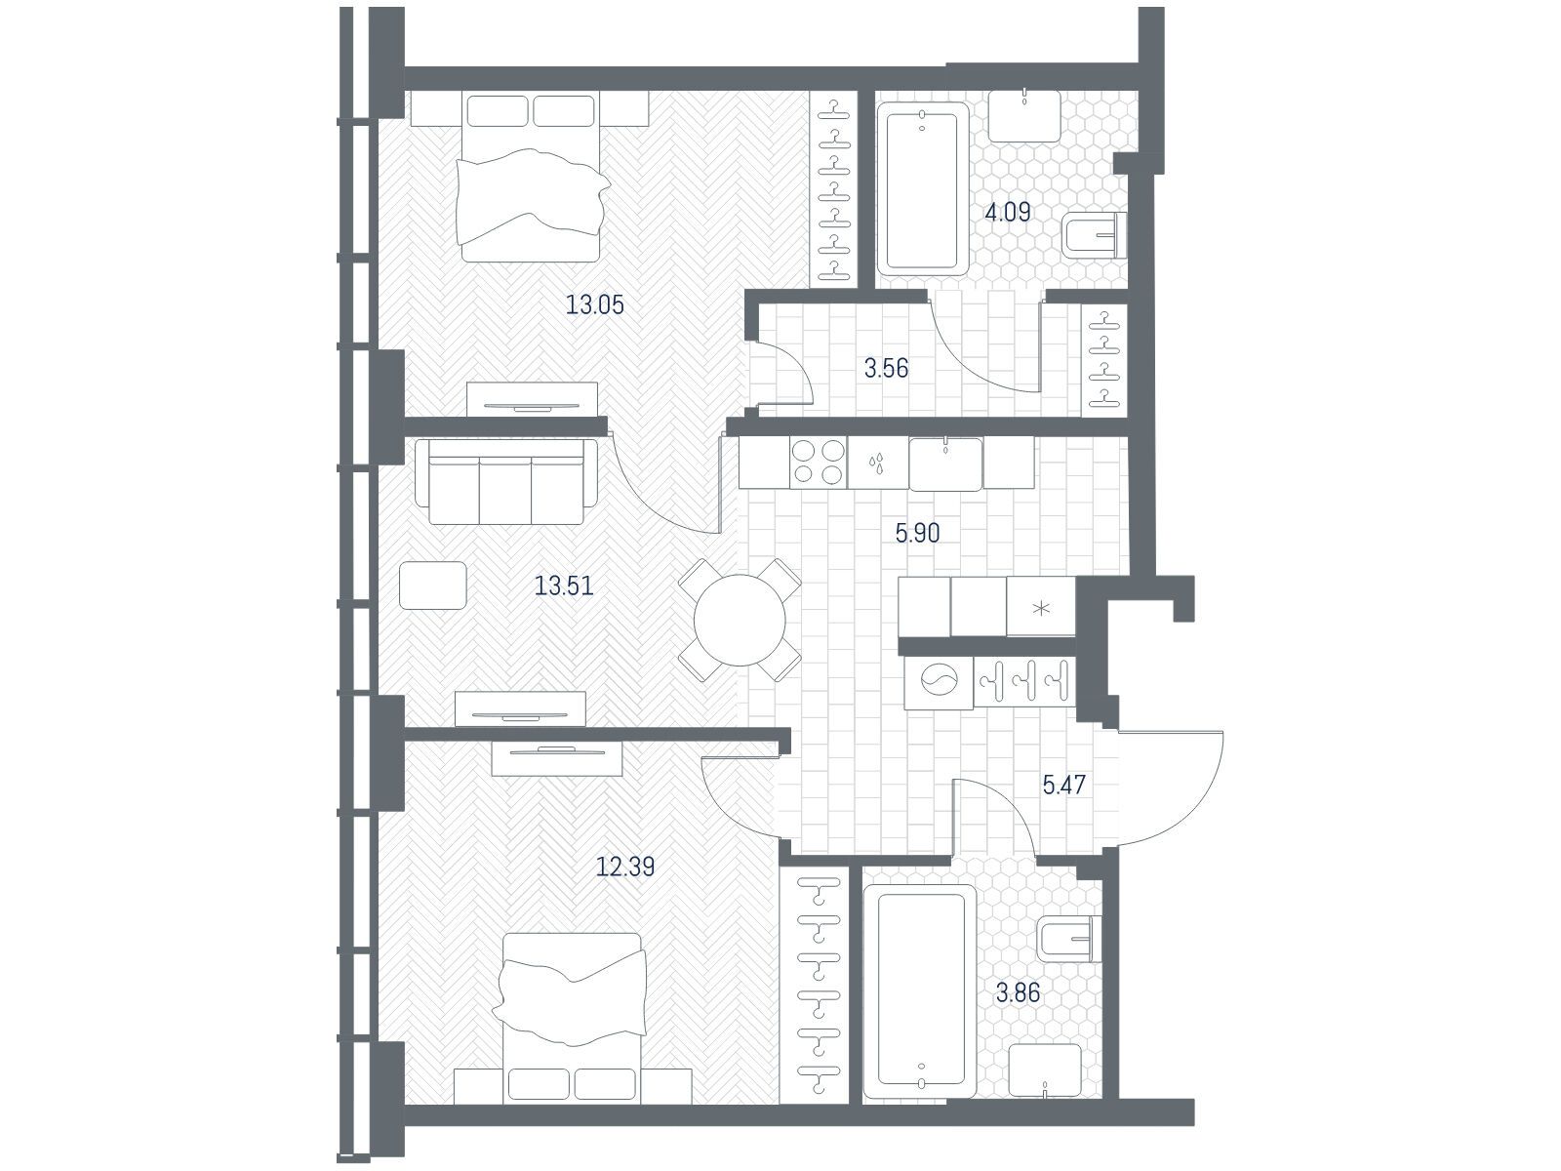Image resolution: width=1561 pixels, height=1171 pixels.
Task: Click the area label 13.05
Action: pos(594,305)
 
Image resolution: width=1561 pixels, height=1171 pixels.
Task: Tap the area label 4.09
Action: pos(1007,212)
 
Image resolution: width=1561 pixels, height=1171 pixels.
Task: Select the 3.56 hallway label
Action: pos(886,368)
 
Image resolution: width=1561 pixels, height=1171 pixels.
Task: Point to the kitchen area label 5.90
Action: pos(917,533)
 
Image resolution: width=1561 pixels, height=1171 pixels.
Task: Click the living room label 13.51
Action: pos(563,586)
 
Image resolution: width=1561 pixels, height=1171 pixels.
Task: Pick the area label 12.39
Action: pos(625,867)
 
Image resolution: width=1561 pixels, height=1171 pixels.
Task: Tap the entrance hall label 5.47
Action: pos(1063,785)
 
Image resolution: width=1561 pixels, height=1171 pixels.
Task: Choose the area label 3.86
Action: pos(1018,992)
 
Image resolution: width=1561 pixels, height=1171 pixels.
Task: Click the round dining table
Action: pos(740,620)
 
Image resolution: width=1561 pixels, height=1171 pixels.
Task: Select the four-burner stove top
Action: pos(818,463)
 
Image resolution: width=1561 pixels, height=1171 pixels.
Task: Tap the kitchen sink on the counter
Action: pos(945,464)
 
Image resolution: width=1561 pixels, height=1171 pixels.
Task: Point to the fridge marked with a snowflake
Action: pos(1041,606)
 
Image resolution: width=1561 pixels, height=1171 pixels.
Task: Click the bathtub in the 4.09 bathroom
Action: pos(923,189)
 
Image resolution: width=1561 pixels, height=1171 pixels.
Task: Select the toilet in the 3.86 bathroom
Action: pos(1069,939)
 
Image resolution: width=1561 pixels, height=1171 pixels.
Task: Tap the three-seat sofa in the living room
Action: pos(505,481)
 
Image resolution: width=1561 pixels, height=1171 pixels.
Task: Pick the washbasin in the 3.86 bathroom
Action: pos(1045,1070)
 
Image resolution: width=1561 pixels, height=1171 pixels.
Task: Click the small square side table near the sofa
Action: pos(433,585)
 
